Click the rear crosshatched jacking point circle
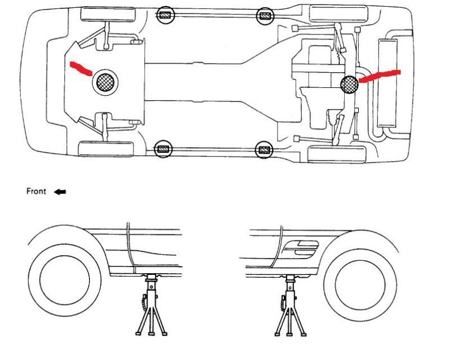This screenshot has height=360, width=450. click(x=350, y=85)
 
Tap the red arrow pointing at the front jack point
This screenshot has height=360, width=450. click(x=80, y=68)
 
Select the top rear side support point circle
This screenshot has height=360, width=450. click(x=264, y=16)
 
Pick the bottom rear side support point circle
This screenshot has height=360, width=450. click(x=264, y=150)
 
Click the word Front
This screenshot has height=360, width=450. click(x=36, y=192)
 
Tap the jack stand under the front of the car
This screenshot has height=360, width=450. click(x=151, y=305)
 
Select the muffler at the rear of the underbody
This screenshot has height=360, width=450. click(x=388, y=82)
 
